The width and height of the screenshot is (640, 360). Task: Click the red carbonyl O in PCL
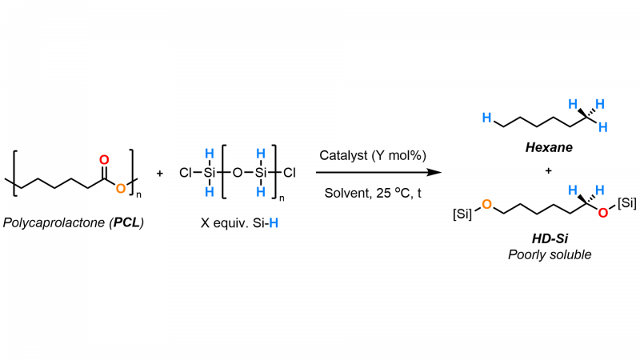104,159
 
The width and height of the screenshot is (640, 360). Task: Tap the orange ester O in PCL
121,188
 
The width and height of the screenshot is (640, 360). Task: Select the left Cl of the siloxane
185,173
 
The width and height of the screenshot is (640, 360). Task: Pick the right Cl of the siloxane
290,173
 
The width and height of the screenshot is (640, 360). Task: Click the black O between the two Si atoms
237,173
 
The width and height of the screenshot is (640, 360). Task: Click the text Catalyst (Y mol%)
373,155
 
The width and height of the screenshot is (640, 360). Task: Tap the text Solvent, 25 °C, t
373,193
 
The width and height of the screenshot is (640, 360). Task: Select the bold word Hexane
549,147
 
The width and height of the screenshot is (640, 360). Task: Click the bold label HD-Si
550,238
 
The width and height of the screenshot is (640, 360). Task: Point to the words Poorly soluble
550,254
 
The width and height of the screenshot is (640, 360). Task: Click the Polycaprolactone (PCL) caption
74,222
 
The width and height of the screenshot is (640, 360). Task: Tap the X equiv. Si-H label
239,223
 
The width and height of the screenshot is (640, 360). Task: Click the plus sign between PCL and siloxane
159,174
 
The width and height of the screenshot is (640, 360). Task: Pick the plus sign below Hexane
548,170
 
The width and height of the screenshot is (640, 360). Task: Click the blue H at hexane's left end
486,118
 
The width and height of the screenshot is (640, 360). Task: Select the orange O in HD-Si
486,204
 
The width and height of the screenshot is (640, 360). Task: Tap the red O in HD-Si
603,212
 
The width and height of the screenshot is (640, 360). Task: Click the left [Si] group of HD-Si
462,214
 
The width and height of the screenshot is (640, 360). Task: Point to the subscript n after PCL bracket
138,194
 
